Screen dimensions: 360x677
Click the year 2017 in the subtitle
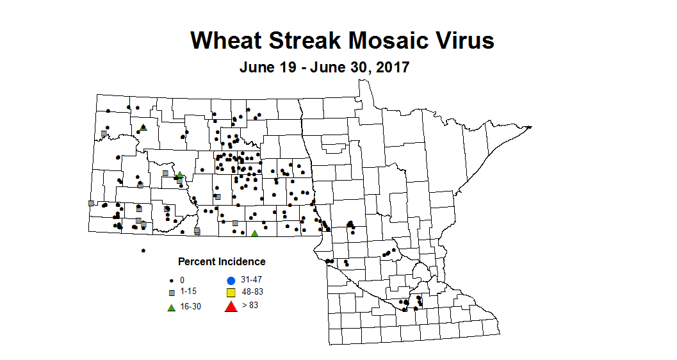click(x=390, y=67)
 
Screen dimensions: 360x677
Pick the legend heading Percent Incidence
click(x=222, y=261)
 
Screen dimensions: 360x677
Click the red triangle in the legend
click(x=231, y=307)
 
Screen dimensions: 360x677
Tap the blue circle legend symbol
click(x=231, y=280)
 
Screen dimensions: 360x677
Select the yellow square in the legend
click(x=231, y=293)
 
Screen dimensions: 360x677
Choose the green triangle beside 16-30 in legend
click(x=172, y=307)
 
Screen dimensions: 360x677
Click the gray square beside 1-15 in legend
click(x=172, y=293)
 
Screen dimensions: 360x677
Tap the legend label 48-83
click(x=253, y=292)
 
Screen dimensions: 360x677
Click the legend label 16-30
click(x=190, y=306)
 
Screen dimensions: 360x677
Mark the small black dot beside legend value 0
click(x=172, y=281)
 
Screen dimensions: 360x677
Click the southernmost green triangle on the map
click(x=254, y=233)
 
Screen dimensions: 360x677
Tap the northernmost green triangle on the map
click(x=143, y=127)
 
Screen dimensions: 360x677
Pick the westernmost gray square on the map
click(x=91, y=203)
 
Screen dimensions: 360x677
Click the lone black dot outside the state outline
click(x=143, y=250)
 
